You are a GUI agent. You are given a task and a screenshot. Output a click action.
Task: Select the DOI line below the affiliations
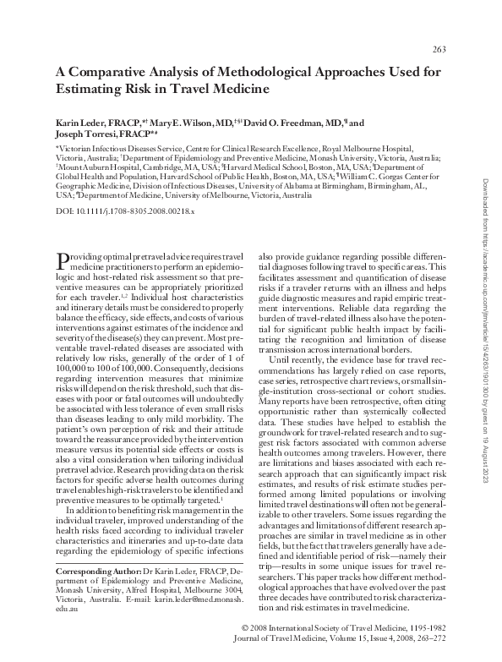point(113,211)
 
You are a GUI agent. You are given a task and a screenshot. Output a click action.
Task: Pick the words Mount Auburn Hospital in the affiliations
point(91,167)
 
